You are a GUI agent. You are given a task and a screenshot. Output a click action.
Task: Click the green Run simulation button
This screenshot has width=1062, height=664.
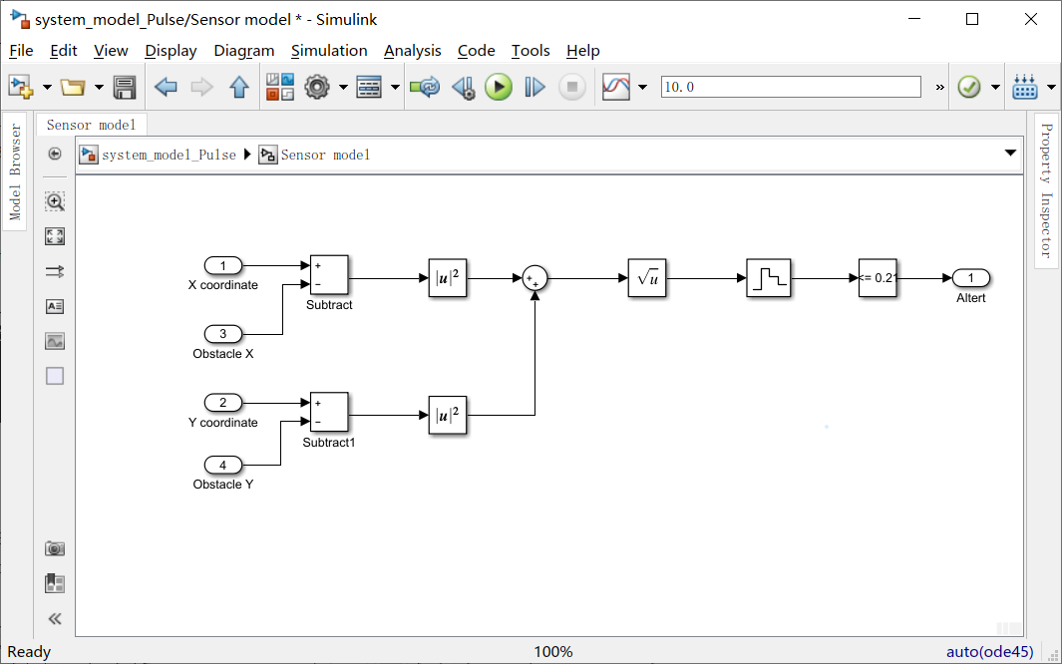coord(499,88)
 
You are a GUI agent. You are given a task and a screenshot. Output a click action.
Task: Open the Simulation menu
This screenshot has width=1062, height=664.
coord(329,50)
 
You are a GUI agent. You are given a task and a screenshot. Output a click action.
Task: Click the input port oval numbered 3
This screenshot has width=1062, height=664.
coord(223,334)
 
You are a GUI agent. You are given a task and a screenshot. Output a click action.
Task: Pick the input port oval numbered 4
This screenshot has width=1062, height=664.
coord(223,465)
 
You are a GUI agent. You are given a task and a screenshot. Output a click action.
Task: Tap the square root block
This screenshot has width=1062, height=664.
coord(647,279)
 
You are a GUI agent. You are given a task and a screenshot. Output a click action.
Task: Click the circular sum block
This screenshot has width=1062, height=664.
coord(535,279)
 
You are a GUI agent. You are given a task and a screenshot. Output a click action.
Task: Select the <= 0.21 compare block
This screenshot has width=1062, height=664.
coord(878,278)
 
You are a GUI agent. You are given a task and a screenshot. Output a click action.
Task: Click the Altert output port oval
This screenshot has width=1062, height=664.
coord(970,277)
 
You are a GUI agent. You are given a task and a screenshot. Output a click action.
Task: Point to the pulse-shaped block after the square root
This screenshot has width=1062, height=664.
coord(767,279)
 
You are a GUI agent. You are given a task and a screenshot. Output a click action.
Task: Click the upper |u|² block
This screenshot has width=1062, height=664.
coord(448,279)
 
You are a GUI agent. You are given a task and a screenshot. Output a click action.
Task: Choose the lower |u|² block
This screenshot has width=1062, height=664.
coord(448,415)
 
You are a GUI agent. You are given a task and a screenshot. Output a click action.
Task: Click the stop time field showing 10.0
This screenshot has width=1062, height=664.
coord(790,87)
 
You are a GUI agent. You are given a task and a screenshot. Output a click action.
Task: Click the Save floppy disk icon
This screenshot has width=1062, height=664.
coord(125,88)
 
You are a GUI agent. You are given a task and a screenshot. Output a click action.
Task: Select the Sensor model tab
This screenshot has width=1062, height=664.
coord(91,125)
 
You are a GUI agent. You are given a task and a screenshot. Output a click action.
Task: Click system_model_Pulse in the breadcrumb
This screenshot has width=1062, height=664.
coord(169,155)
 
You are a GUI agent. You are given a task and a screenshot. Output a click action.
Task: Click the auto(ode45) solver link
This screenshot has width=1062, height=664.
coord(989,652)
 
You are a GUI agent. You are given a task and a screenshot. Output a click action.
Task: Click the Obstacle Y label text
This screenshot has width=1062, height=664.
coord(223,485)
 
